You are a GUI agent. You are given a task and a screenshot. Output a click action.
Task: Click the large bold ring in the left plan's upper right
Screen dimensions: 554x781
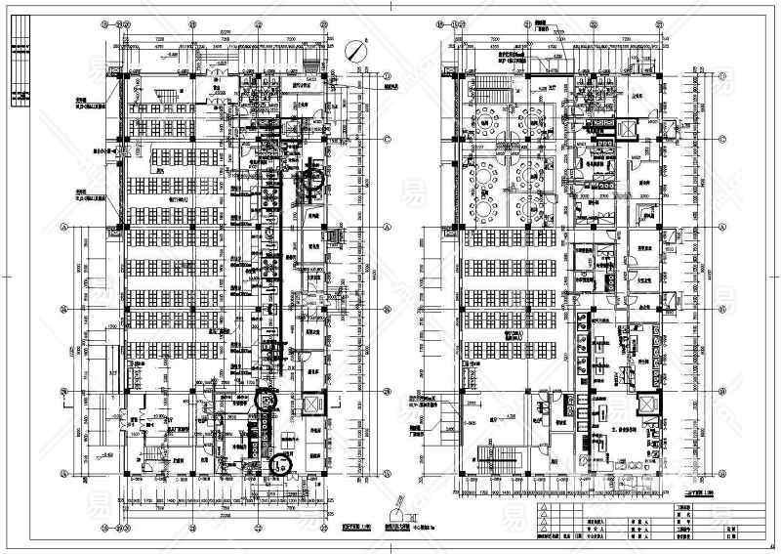point(315,178)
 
